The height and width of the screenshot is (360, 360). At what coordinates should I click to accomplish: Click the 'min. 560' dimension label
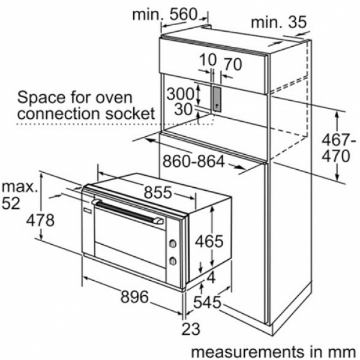(x=165, y=14)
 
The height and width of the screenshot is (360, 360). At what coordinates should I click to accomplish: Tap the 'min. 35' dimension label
(x=279, y=23)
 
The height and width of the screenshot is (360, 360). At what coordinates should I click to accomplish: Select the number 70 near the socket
(x=233, y=65)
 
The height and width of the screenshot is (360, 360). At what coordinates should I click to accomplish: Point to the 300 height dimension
(x=181, y=94)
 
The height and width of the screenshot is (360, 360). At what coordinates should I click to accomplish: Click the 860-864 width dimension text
(x=194, y=161)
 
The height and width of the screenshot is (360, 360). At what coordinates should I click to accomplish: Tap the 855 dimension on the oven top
(x=158, y=192)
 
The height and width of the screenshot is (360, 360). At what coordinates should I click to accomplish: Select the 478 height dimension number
(x=40, y=220)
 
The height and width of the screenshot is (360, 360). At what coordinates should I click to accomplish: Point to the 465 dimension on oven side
(x=209, y=241)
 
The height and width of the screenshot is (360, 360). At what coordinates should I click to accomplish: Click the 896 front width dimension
(x=135, y=297)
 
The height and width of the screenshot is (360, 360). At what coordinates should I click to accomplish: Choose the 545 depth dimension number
(x=207, y=302)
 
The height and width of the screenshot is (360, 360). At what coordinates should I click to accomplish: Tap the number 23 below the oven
(x=191, y=329)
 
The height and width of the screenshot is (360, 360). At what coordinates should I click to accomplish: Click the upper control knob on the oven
(x=172, y=244)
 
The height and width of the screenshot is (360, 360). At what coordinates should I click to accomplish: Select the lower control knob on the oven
(x=172, y=261)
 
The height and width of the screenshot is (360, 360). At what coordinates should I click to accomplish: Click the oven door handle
(x=128, y=210)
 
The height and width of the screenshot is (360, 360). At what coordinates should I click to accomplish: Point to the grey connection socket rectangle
(x=217, y=100)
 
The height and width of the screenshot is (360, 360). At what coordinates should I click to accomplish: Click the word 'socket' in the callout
(x=130, y=113)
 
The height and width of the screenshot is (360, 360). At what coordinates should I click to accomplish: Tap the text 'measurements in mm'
(x=273, y=352)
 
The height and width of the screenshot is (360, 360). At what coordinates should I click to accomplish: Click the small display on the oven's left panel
(x=88, y=210)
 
